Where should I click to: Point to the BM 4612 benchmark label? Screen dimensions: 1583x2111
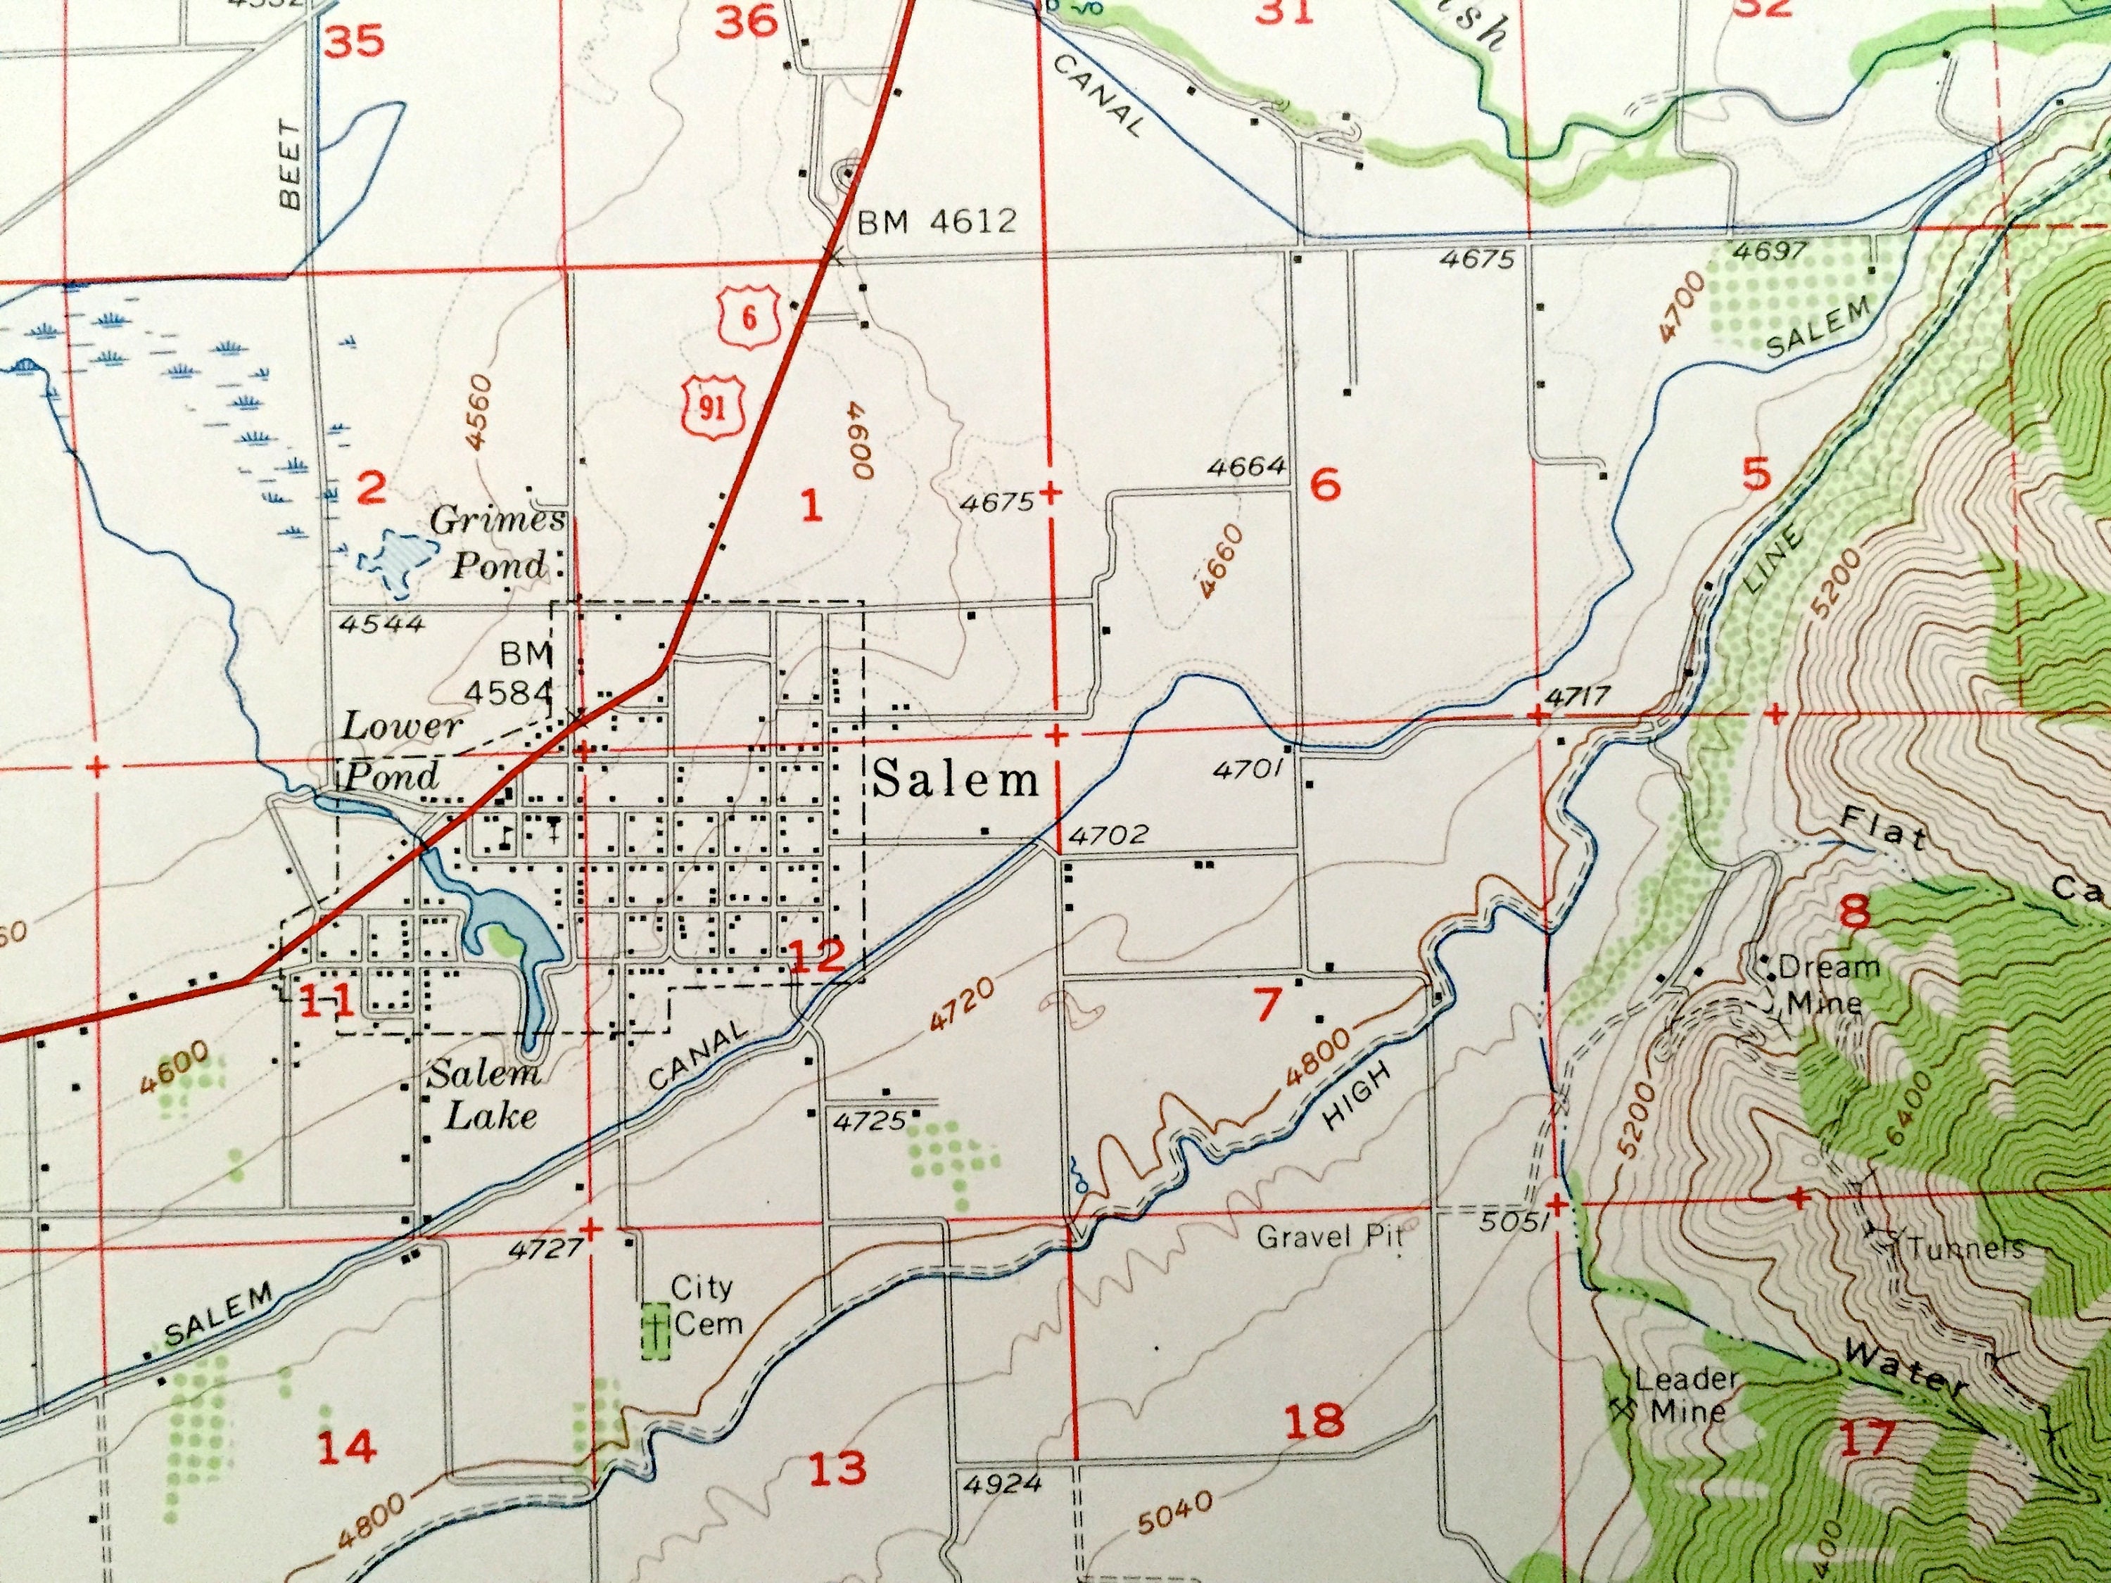pyautogui.click(x=936, y=222)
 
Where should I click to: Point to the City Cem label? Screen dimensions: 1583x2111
pyautogui.click(x=704, y=1304)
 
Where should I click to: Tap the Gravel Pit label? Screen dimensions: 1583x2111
pyautogui.click(x=1329, y=1238)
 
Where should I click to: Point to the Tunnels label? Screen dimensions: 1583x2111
pyautogui.click(x=1967, y=1248)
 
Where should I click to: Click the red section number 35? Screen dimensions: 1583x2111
pyautogui.click(x=355, y=43)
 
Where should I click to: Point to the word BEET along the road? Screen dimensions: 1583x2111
pyautogui.click(x=289, y=177)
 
